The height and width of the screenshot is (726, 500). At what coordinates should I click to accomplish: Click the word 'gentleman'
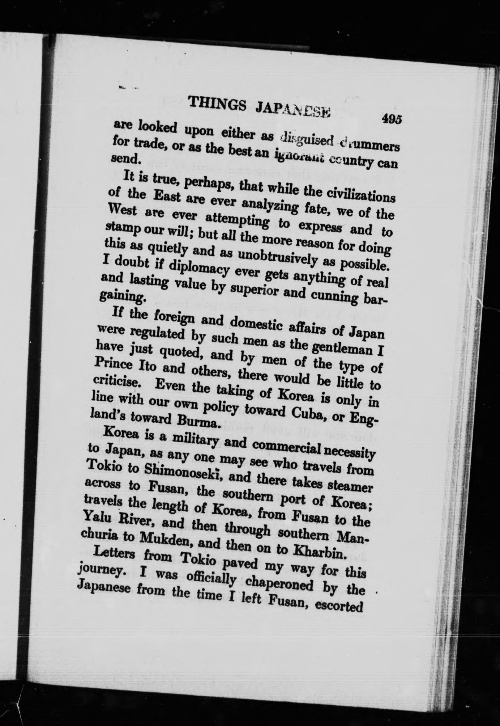[x=339, y=350]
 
